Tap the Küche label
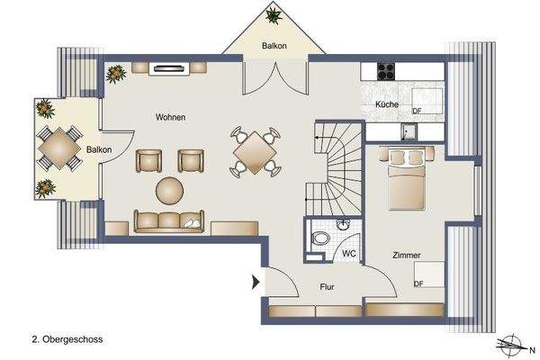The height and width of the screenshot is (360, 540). coord(387,105)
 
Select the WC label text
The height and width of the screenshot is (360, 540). coord(349,255)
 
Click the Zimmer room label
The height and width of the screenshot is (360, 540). coord(407,256)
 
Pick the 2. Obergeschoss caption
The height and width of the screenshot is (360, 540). coord(67,340)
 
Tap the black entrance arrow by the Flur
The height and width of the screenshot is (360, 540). coord(256,283)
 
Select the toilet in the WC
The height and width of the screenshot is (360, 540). coord(320,240)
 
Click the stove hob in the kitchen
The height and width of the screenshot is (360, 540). coord(388,70)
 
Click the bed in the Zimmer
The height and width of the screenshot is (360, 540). coord(407,178)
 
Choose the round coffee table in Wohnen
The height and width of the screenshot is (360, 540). coord(169,190)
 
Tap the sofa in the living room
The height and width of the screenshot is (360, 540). coord(169,220)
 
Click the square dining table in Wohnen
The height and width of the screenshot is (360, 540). coord(256,153)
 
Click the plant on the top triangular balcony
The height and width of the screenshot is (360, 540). coord(272,15)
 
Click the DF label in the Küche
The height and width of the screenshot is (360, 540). coord(417,111)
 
